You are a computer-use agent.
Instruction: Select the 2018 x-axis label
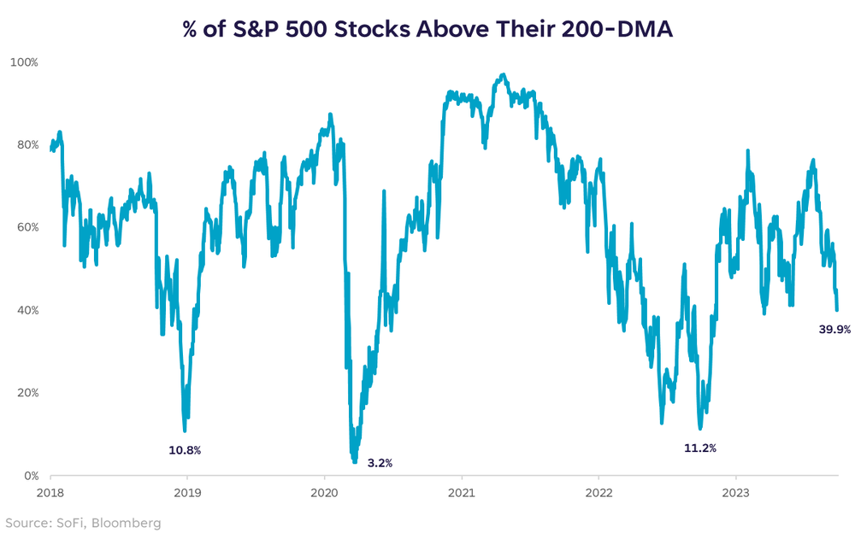click(x=50, y=493)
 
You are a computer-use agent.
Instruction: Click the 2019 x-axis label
click(x=187, y=493)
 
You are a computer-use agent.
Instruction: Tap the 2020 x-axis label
click(x=325, y=493)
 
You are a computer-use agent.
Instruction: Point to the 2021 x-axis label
click(x=462, y=493)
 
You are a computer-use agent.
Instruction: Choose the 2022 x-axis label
click(x=598, y=493)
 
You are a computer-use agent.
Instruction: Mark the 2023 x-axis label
click(x=736, y=493)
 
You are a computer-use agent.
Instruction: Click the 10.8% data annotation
click(x=184, y=450)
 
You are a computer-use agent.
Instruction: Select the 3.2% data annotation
click(x=380, y=463)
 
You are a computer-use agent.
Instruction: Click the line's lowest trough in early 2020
click(x=355, y=461)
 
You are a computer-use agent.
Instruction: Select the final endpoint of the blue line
click(x=837, y=310)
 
